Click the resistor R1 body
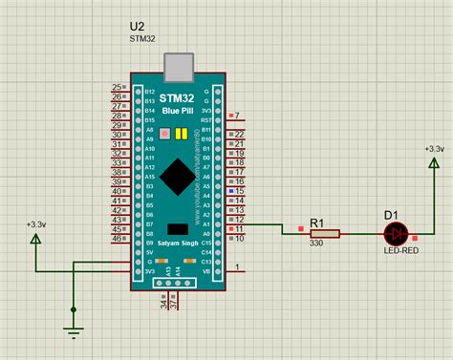point(325,233)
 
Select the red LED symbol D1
point(396,233)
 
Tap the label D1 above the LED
point(390,215)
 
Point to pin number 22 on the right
point(240,134)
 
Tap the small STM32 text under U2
point(142,40)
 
